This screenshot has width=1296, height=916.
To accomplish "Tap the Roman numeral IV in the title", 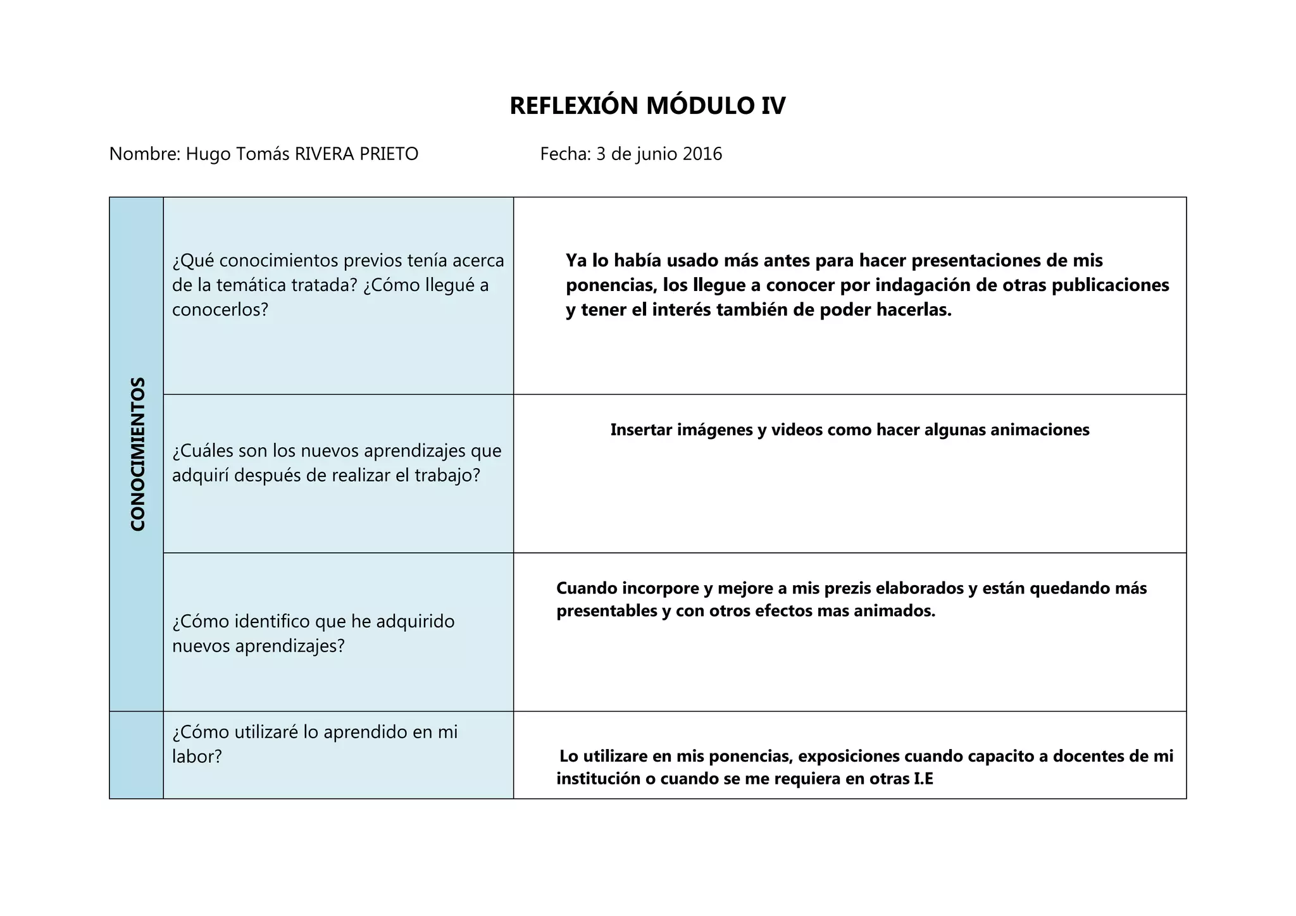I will (773, 106).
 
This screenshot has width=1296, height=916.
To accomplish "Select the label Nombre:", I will (145, 154).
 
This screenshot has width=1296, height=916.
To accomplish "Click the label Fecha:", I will (565, 154).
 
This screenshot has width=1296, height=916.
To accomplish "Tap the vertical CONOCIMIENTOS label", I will (137, 454).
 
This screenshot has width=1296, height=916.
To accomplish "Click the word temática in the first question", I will (251, 285).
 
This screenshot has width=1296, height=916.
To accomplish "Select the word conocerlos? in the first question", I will (220, 310).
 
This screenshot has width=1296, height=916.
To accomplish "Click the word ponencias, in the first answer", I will (610, 285).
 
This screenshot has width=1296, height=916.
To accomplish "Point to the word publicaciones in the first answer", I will (1110, 285).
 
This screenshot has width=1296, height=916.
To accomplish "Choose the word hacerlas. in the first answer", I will (914, 310).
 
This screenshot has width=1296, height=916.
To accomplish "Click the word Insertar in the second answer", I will (641, 430).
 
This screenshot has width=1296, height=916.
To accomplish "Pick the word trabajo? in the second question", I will (451, 475).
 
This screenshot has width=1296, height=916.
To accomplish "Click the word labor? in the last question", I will (197, 757).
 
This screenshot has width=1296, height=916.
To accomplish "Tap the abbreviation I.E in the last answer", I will (923, 779).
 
